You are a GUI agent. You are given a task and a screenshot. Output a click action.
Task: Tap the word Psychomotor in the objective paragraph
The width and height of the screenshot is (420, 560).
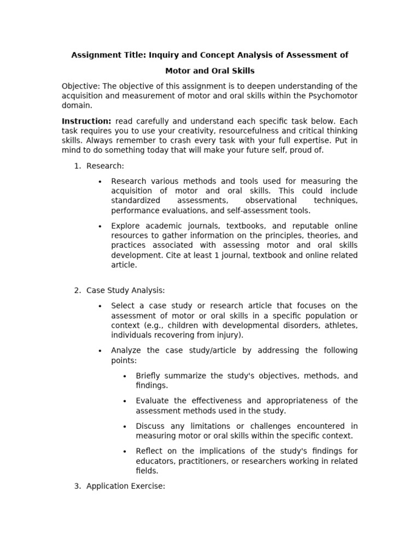332,96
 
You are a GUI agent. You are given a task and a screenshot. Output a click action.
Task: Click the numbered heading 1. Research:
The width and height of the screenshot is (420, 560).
105,166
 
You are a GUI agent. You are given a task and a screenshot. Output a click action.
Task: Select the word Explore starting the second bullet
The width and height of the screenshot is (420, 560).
126,226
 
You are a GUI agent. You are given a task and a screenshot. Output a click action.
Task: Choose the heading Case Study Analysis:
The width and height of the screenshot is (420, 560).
126,290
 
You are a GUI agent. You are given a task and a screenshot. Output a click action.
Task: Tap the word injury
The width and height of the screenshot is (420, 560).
230,335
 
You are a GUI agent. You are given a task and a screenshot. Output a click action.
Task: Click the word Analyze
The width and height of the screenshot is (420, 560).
127,351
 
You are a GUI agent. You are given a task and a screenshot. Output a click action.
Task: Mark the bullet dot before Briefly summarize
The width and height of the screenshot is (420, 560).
125,376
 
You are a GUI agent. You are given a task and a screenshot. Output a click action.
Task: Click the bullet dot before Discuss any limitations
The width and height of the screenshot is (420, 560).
125,427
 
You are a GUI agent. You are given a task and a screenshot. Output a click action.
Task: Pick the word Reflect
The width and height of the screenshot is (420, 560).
150,451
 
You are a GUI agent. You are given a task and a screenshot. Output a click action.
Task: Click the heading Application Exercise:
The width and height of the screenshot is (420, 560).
125,486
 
